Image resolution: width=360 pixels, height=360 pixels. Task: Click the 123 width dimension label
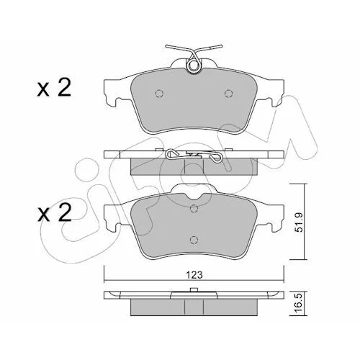point(194,274)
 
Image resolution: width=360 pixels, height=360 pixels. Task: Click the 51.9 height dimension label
point(300,222)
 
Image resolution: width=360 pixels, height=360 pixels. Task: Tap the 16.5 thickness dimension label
point(300,305)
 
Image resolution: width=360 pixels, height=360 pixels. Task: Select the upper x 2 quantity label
point(54,88)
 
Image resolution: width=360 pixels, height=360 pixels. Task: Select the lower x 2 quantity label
point(54,212)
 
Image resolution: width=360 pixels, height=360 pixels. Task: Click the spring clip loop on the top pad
point(194,65)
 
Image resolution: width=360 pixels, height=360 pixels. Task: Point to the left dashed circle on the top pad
point(159,93)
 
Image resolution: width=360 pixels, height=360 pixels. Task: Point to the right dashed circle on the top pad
point(228,93)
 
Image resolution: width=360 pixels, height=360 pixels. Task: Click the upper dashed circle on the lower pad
point(194,208)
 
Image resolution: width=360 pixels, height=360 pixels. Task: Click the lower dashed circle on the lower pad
point(194,240)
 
